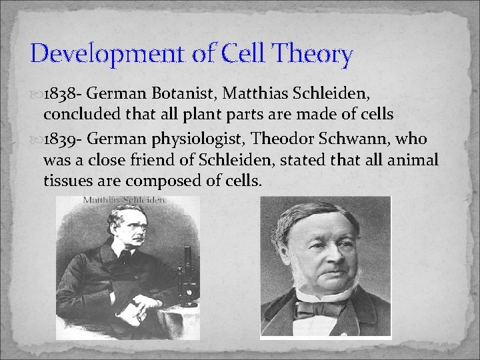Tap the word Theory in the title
click(314, 53)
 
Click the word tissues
click(69, 181)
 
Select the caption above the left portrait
click(124, 199)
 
